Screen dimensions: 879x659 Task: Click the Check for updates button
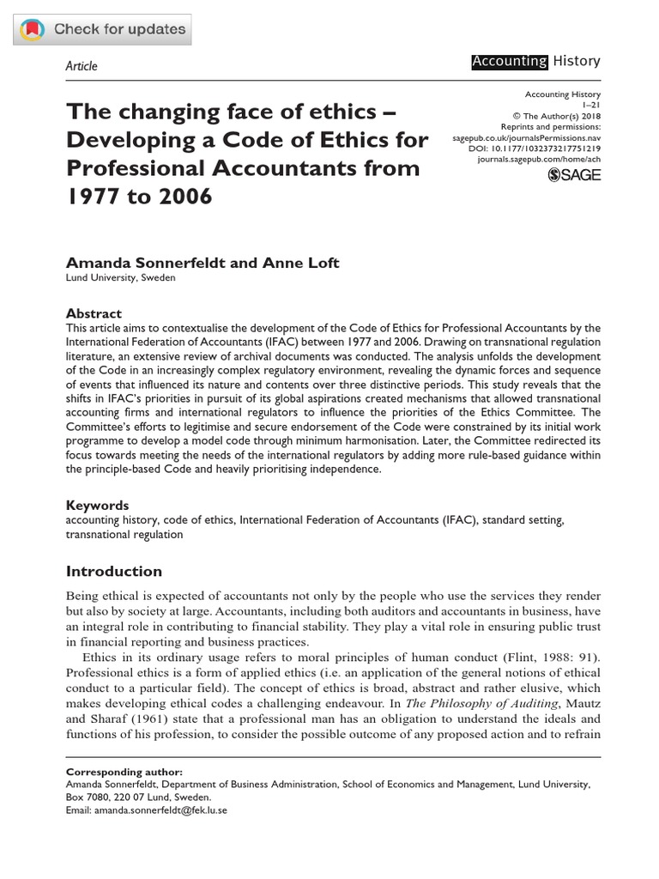click(x=102, y=30)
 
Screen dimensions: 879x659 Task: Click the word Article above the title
click(x=82, y=66)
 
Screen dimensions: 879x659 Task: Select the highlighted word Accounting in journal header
click(x=509, y=61)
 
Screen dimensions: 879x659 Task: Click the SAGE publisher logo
click(x=574, y=175)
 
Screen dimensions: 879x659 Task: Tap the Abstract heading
click(x=94, y=313)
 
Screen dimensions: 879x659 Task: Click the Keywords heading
click(x=97, y=506)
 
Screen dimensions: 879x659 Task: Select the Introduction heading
click(x=113, y=571)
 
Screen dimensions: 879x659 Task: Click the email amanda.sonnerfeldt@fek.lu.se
click(x=160, y=809)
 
